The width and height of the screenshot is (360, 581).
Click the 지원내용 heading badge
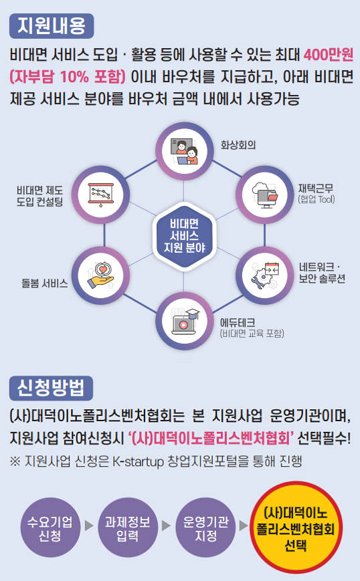[x=52, y=26]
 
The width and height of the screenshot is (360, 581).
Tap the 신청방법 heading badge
[x=51, y=388]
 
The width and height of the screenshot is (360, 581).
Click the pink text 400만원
[x=329, y=55]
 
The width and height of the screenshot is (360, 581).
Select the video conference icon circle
[x=184, y=151]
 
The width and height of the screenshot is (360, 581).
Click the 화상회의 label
[x=238, y=144]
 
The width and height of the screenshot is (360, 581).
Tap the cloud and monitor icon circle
[x=265, y=195]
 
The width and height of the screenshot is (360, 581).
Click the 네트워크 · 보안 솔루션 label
[x=322, y=273]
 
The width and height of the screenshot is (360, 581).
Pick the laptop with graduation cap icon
[x=184, y=321]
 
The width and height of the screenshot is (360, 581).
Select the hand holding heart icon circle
[x=100, y=275]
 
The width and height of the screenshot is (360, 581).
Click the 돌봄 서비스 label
[x=44, y=283]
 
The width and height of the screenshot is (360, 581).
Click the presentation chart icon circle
[x=100, y=195]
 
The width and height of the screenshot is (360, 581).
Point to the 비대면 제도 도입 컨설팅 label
[x=39, y=197]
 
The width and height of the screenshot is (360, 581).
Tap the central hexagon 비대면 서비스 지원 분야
[x=184, y=235]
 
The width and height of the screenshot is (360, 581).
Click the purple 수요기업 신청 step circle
[x=50, y=528]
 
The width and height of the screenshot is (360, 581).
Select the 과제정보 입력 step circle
[x=128, y=528]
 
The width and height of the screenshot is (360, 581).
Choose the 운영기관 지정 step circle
[x=205, y=528]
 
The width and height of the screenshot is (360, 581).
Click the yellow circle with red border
[x=296, y=528]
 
